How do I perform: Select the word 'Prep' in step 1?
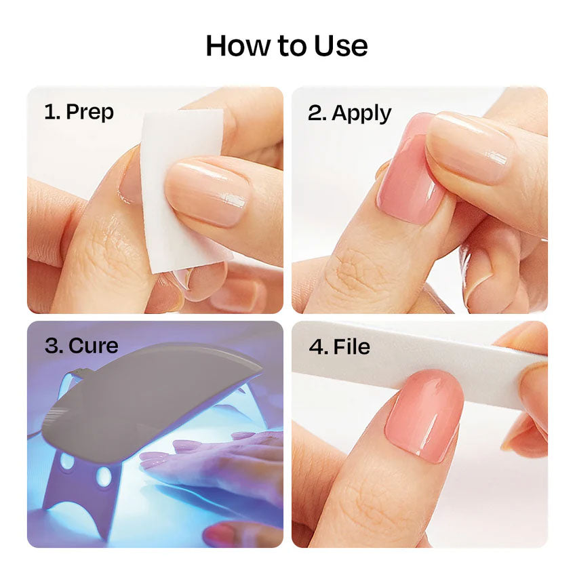pyautogui.click(x=90, y=112)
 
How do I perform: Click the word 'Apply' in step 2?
pyautogui.click(x=361, y=113)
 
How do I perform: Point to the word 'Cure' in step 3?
pyautogui.click(x=93, y=346)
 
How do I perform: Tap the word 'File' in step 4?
pyautogui.click(x=352, y=346)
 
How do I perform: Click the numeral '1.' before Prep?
pyautogui.click(x=52, y=111)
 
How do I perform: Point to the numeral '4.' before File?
pyautogui.click(x=318, y=347)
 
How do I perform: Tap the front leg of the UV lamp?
pyautogui.click(x=79, y=488)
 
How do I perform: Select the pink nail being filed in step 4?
pyautogui.click(x=424, y=414)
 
